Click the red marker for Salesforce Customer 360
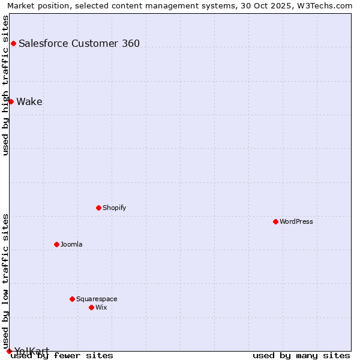pyautogui.click(x=13, y=43)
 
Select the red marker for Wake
pyautogui.click(x=11, y=101)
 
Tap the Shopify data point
pyautogui.click(x=98, y=208)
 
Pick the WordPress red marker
pyautogui.click(x=275, y=221)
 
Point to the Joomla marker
pyautogui.click(x=56, y=244)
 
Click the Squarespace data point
pyautogui.click(x=72, y=299)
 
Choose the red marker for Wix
pyautogui.click(x=91, y=307)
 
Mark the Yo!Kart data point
pyautogui.click(x=9, y=351)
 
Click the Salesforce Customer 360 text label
pyautogui.click(x=79, y=43)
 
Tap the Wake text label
pyautogui.click(x=29, y=101)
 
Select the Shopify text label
pyautogui.click(x=114, y=208)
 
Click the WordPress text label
pyautogui.click(x=296, y=221)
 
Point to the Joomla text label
pyautogui.click(x=71, y=244)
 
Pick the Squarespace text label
pyautogui.click(x=97, y=299)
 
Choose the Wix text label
pyautogui.click(x=101, y=307)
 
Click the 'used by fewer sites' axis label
pyautogui.click(x=62, y=355)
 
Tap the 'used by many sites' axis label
pyautogui.click(x=301, y=355)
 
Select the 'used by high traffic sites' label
pyautogui.click(x=5, y=85)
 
